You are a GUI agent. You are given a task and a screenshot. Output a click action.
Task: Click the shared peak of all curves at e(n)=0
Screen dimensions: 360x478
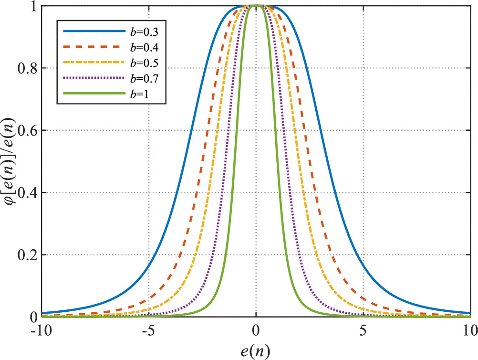[x=257, y=6]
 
